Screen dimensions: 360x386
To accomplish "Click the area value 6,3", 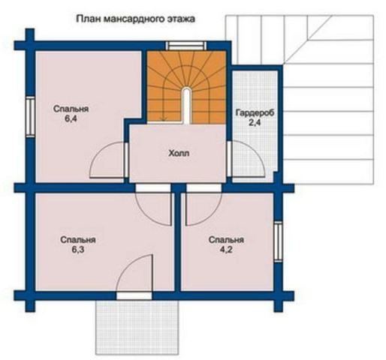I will pyautogui.click(x=79, y=252).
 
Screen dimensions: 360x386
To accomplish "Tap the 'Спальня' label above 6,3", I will pyautogui.click(x=79, y=241).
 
